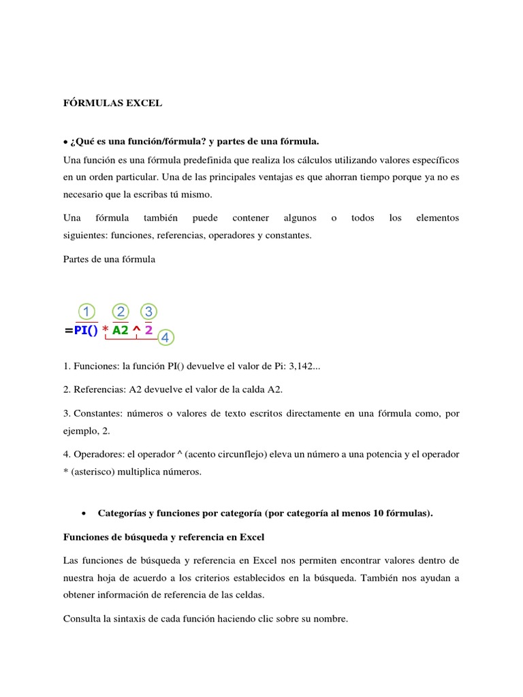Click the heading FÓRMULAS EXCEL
click(x=112, y=103)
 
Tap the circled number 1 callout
click(x=86, y=312)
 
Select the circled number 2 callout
click(x=121, y=312)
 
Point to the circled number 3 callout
click(x=148, y=312)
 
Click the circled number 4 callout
click(x=165, y=337)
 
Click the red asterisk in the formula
click(x=105, y=331)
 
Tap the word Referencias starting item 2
click(x=95, y=389)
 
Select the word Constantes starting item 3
click(x=95, y=412)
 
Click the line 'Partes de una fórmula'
click(x=109, y=259)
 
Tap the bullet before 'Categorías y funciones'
click(x=83, y=515)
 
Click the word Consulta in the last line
click(x=82, y=619)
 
